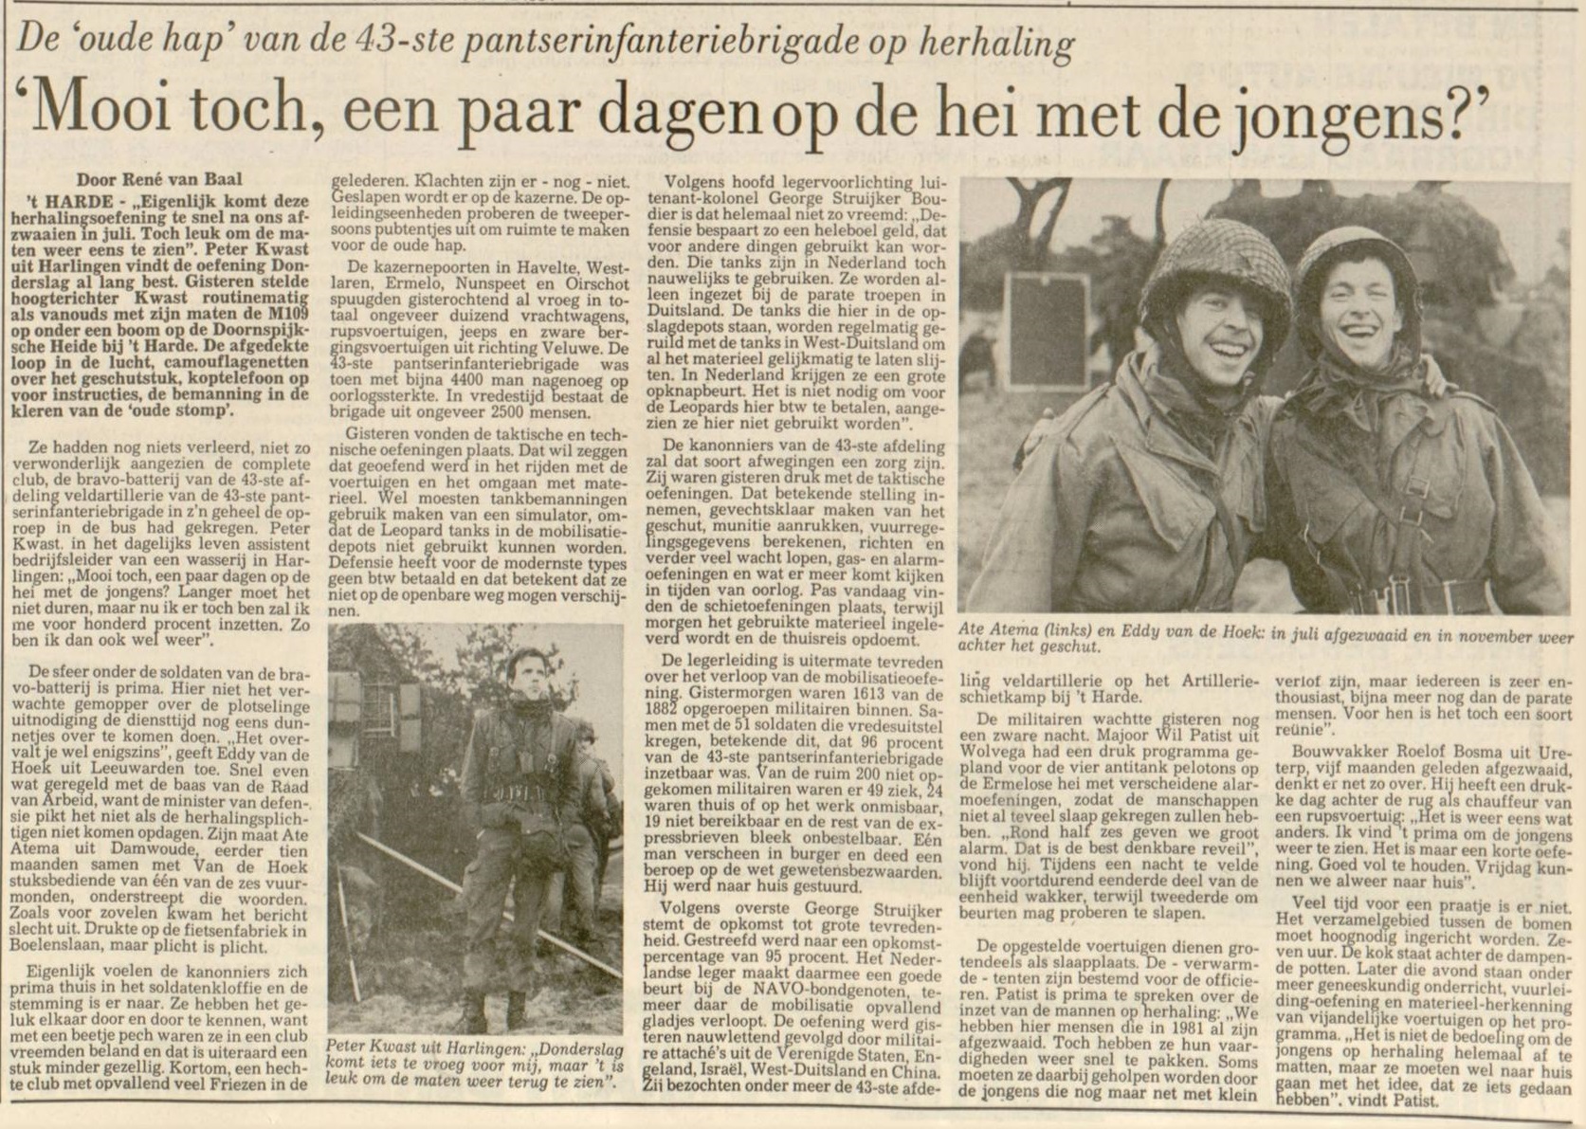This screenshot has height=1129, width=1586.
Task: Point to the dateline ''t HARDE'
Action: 68,201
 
